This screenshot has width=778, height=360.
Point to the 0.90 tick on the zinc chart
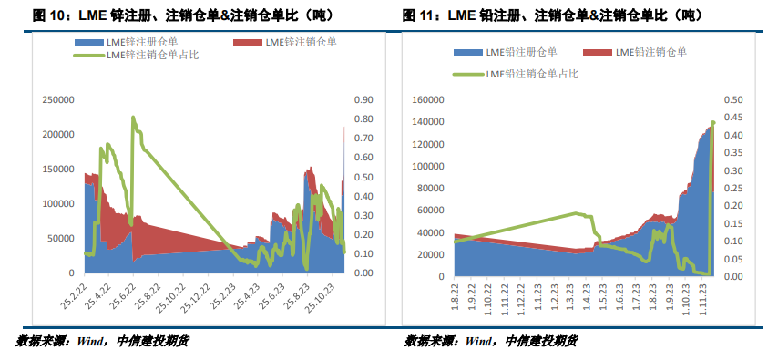pos(363,100)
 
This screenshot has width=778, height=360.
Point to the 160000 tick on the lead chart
pos(428,99)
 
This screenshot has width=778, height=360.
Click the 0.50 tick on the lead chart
pos(733,99)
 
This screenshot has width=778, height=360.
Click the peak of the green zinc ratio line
pos(133,118)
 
